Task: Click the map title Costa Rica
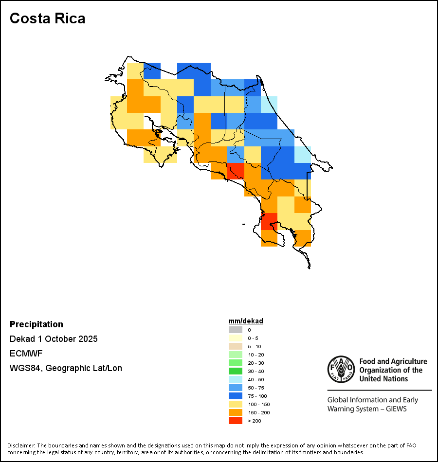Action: (47, 18)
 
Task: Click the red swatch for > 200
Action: (236, 421)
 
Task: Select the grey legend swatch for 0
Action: (236, 330)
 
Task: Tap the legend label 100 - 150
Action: (258, 404)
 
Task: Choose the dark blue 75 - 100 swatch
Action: (236, 396)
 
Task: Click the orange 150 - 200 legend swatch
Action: (236, 412)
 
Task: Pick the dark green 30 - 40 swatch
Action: (236, 371)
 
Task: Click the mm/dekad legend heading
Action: (246, 321)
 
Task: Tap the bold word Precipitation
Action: (36, 324)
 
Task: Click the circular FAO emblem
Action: (341, 370)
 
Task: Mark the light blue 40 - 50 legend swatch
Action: (236, 379)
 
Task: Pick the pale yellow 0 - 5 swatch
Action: (236, 338)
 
